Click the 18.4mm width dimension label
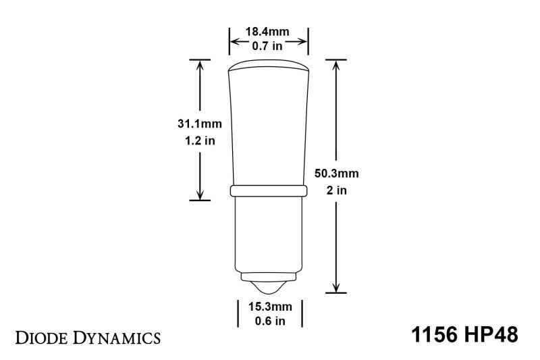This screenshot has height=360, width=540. (x=269, y=31)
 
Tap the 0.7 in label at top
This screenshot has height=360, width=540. (x=269, y=46)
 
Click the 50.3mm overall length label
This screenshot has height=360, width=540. (x=337, y=174)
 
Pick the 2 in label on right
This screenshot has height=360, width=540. (x=337, y=190)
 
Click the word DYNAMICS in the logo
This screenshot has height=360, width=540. (x=118, y=336)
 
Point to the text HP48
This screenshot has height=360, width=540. (x=491, y=335)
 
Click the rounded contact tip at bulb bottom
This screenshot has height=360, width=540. (x=269, y=286)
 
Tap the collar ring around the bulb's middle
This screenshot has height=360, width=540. (x=269, y=191)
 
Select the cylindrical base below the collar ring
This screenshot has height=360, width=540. (x=269, y=233)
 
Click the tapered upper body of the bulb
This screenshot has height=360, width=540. (x=269, y=128)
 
